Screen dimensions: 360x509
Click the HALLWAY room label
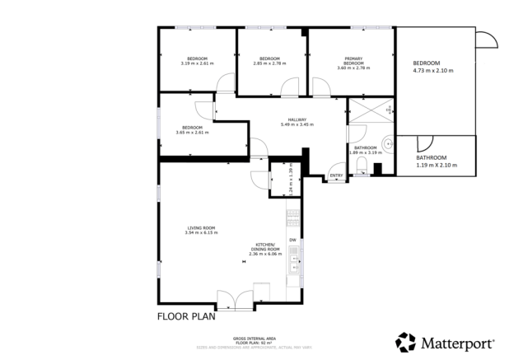point(297,119)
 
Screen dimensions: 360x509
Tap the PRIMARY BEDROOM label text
point(353,60)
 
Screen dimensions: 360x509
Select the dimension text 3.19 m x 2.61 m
point(197,63)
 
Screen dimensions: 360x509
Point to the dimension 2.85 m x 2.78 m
point(270,63)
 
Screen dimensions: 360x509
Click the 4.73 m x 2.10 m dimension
point(432,71)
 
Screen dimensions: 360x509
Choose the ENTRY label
point(335,175)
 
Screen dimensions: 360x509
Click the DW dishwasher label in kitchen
point(292,240)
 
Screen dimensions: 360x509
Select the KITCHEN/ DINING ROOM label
point(265,248)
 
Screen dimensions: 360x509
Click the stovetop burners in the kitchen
point(292,217)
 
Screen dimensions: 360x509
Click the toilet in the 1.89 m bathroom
point(362,168)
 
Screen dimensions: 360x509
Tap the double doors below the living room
point(235,300)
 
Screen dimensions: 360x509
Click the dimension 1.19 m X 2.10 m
point(436,165)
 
